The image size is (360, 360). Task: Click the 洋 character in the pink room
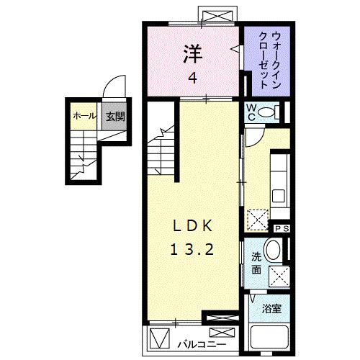[191, 52]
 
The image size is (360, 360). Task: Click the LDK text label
[192, 225]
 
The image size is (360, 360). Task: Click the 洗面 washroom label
[256, 264]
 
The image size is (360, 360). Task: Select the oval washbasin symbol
[274, 251]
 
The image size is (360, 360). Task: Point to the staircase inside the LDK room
[163, 148]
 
